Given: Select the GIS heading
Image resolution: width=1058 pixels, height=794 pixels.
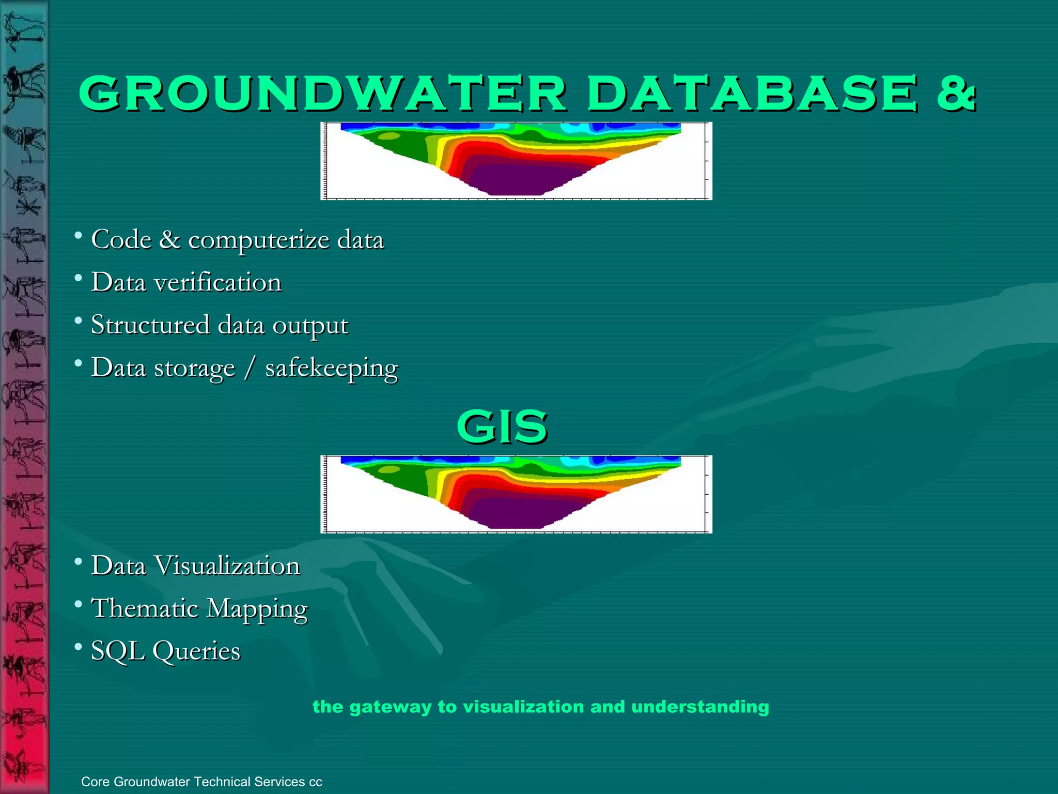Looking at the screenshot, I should pyautogui.click(x=502, y=427).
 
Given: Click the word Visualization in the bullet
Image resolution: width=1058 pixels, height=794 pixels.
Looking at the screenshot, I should pyautogui.click(x=227, y=566).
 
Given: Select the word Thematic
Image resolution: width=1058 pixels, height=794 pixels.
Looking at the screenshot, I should pyautogui.click(x=145, y=608).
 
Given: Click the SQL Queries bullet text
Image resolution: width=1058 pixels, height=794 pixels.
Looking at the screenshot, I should pyautogui.click(x=165, y=651).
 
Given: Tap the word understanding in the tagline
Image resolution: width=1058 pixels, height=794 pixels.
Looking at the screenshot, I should pyautogui.click(x=700, y=707).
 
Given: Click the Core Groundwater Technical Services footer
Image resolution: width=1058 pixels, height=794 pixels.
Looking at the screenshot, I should pyautogui.click(x=201, y=782).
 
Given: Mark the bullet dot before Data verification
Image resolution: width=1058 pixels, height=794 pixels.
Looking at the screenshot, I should pyautogui.click(x=78, y=279).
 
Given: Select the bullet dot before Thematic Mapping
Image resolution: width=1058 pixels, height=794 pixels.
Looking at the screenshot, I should pyautogui.click(x=78, y=604).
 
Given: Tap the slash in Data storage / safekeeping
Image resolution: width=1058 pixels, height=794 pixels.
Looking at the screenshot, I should pyautogui.click(x=250, y=368).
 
